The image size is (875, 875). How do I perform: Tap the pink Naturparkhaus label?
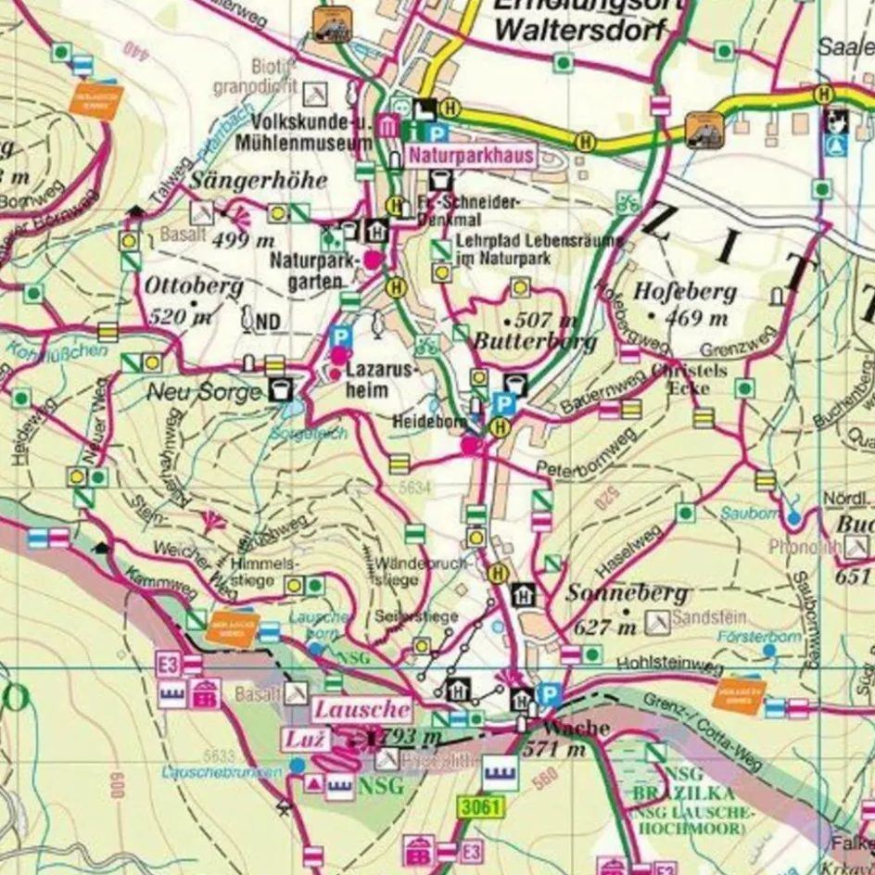coord(473,155)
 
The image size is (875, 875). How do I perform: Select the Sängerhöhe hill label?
coord(260,181)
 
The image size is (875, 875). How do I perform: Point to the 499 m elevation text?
coord(244,241)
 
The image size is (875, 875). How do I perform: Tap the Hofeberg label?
coord(685,292)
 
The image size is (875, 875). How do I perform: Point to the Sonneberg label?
coord(628,593)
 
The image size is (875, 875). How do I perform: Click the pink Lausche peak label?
coord(361,710)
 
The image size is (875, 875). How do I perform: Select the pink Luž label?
coord(305,739)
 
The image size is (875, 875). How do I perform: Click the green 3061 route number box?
coord(479,807)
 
